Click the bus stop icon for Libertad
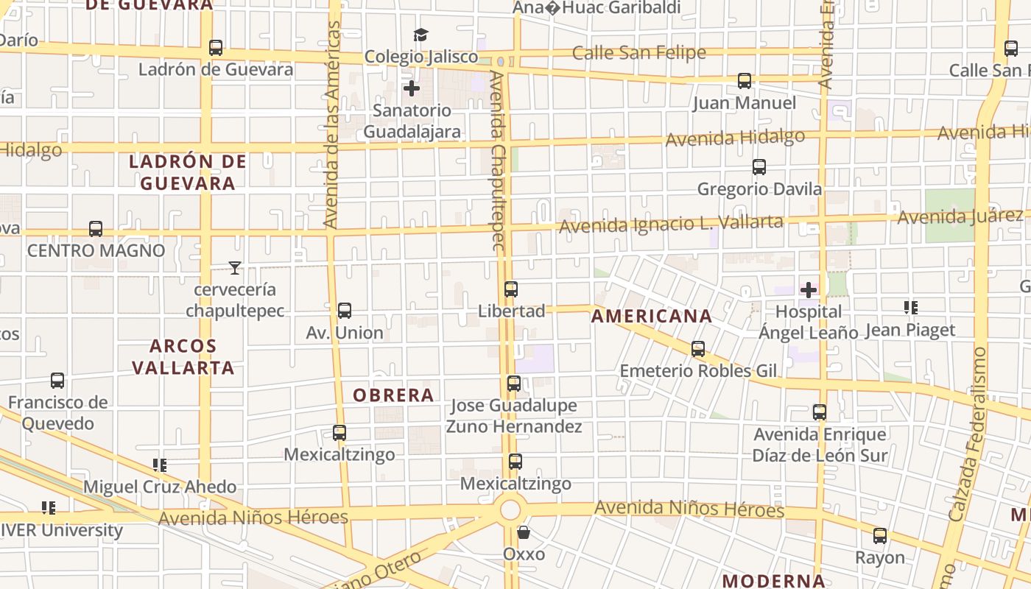pyautogui.click(x=511, y=289)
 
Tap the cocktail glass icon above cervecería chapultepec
pyautogui.click(x=235, y=268)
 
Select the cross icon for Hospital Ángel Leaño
pyautogui.click(x=809, y=290)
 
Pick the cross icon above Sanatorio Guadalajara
pyautogui.click(x=412, y=88)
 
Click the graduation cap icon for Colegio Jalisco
pyautogui.click(x=421, y=35)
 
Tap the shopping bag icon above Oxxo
pyautogui.click(x=524, y=532)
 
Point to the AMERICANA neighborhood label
pyautogui.click(x=652, y=317)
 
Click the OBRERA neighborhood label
pyautogui.click(x=393, y=395)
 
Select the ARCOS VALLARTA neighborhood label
pyautogui.click(x=183, y=356)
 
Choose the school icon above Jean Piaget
pyautogui.click(x=910, y=308)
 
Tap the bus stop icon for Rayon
pyautogui.click(x=880, y=536)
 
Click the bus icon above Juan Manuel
pyautogui.click(x=745, y=81)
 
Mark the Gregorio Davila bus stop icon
pyautogui.click(x=759, y=167)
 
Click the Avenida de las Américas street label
pyautogui.click(x=333, y=125)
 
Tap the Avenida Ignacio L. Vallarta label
pyautogui.click(x=671, y=223)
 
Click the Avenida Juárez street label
pyautogui.click(x=960, y=216)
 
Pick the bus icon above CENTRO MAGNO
pyautogui.click(x=96, y=229)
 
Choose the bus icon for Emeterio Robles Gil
pyautogui.click(x=698, y=349)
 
